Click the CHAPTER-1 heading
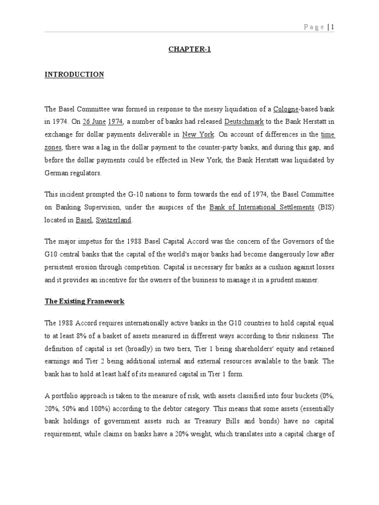coord(189,49)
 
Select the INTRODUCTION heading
coord(74,74)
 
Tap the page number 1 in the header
coord(333,27)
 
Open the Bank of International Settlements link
coord(262,207)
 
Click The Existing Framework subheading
coord(84,301)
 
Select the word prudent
coord(283,280)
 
